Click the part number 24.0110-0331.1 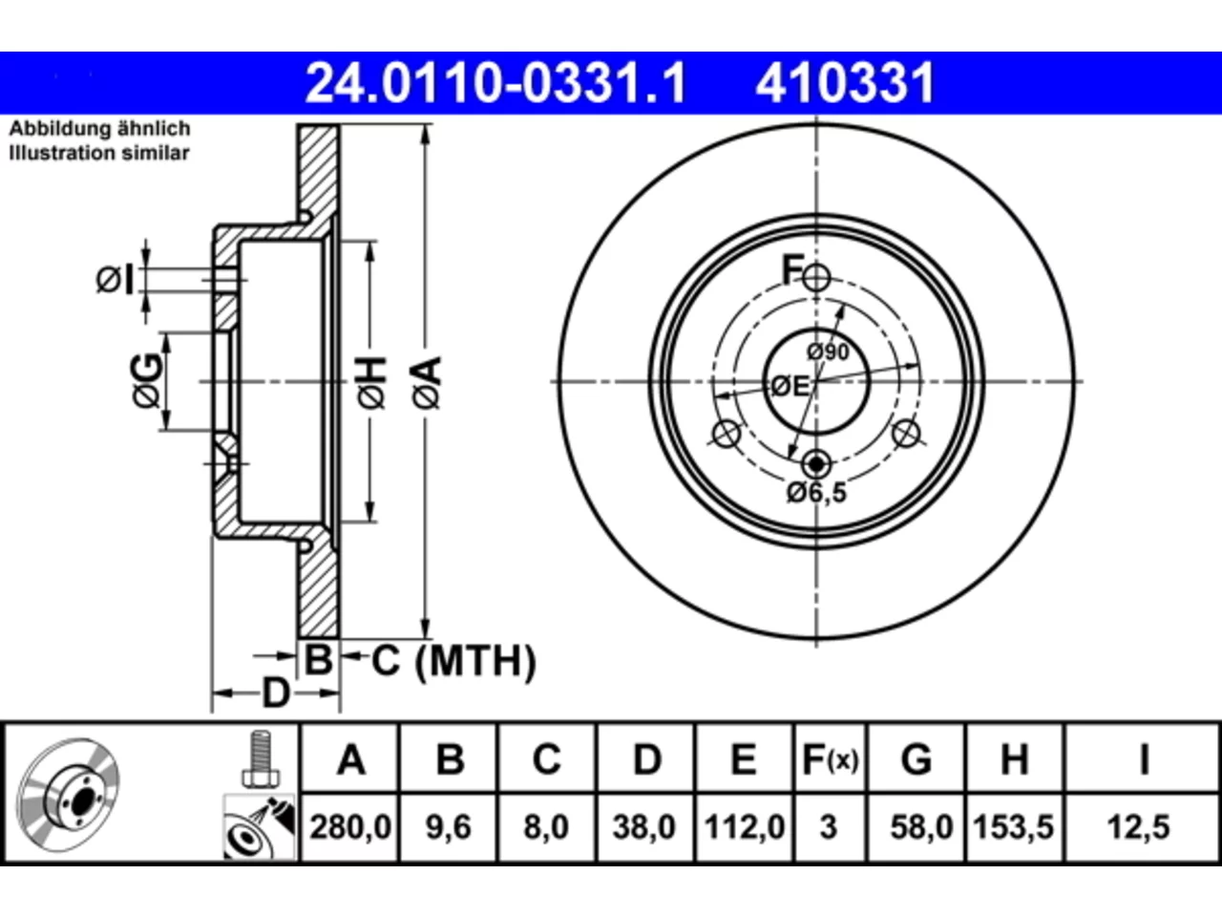pyautogui.click(x=495, y=83)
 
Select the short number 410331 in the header pyautogui.click(x=845, y=83)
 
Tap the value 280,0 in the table pyautogui.click(x=350, y=827)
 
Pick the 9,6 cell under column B pyautogui.click(x=448, y=827)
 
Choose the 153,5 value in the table pyautogui.click(x=1013, y=827)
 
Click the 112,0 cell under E pyautogui.click(x=745, y=827)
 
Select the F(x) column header pyautogui.click(x=830, y=759)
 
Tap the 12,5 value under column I pyautogui.click(x=1139, y=827)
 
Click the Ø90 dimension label pyautogui.click(x=829, y=352)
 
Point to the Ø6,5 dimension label pyautogui.click(x=816, y=493)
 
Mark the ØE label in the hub pyautogui.click(x=790, y=386)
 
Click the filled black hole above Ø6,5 pyautogui.click(x=816, y=463)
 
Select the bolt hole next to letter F pyautogui.click(x=816, y=277)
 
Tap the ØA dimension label pyautogui.click(x=428, y=383)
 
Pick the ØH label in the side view pyautogui.click(x=372, y=383)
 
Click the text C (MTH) pyautogui.click(x=453, y=661)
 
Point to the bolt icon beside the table pyautogui.click(x=261, y=759)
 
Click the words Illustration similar pyautogui.click(x=99, y=153)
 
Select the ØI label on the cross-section pyautogui.click(x=116, y=280)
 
